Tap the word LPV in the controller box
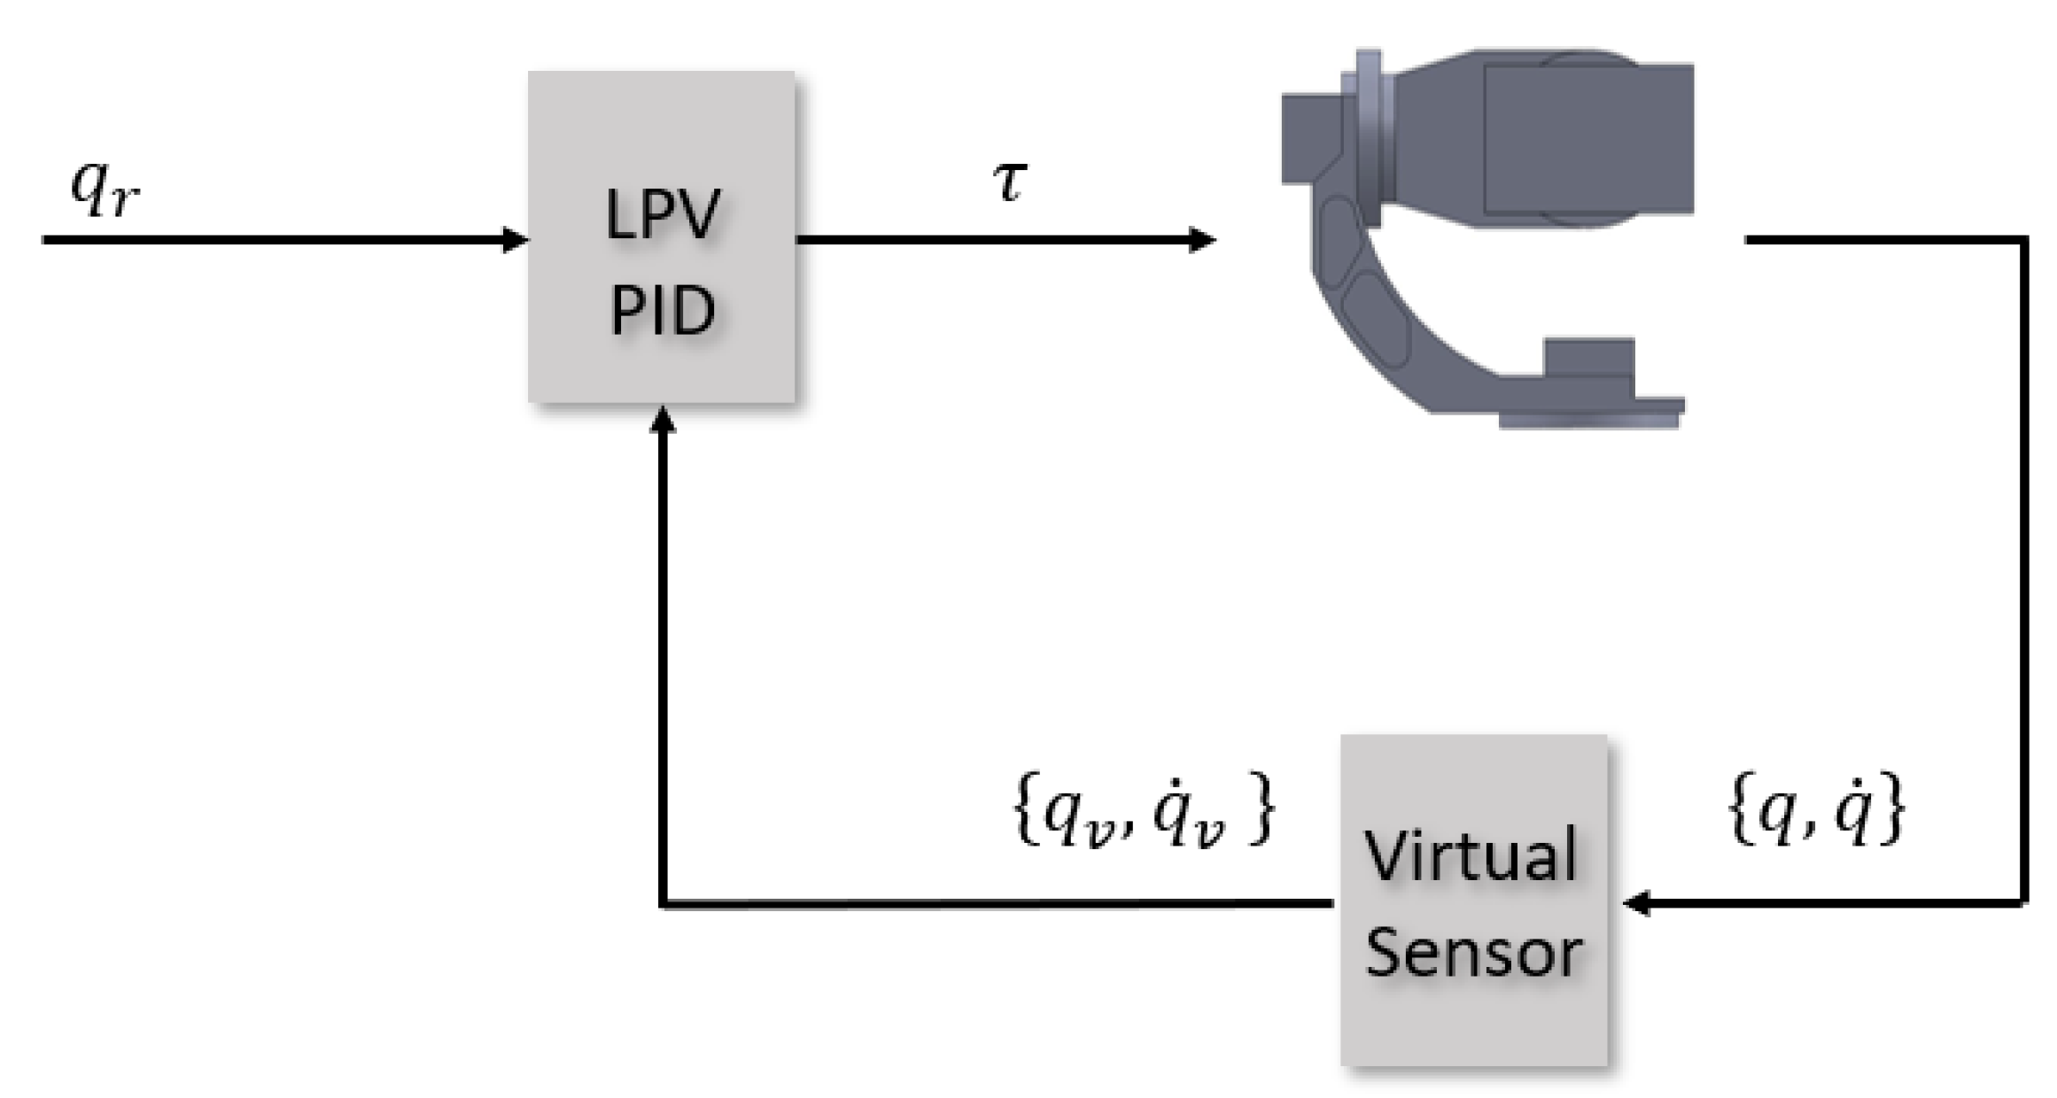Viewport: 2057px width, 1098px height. (663, 214)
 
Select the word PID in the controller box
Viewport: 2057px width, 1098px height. (663, 311)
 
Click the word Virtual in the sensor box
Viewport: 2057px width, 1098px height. (1471, 854)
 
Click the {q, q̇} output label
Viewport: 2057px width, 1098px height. (1816, 810)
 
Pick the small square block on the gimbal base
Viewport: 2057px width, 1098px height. (1588, 358)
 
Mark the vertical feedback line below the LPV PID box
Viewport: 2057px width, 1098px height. (663, 664)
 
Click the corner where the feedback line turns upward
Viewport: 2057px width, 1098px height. (664, 903)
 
